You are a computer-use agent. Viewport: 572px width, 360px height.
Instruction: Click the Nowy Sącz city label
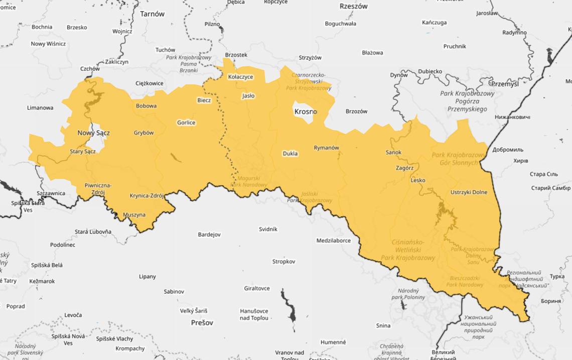93,133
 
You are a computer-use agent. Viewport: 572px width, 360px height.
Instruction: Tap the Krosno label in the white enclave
305,111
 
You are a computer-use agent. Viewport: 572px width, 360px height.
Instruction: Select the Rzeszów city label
354,7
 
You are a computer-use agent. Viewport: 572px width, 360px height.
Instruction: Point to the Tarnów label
152,14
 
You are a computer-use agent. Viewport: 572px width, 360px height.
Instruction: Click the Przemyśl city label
504,84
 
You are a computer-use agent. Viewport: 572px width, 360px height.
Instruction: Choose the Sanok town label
393,152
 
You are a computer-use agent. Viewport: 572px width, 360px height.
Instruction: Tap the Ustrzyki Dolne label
469,192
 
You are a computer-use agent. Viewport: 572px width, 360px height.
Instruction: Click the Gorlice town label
186,123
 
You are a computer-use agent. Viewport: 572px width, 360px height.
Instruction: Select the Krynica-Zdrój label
147,196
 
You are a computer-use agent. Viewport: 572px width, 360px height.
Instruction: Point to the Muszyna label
134,215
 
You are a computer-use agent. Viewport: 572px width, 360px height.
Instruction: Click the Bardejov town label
209,234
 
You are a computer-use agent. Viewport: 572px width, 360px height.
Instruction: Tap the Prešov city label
202,323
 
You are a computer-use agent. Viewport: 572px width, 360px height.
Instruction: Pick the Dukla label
290,154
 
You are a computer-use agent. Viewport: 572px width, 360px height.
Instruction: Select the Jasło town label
248,95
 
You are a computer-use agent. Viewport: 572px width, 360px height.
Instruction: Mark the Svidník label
268,229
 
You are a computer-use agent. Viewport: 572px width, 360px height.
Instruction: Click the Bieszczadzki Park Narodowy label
465,281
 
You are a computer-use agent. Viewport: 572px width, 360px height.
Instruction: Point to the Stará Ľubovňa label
93,232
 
